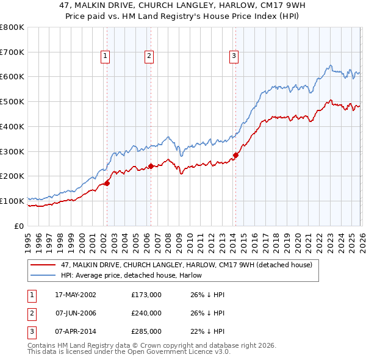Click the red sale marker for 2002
point(107,182)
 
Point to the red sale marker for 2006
point(151,165)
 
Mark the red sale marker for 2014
point(235,154)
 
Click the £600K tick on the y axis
point(12,77)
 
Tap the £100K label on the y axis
point(12,201)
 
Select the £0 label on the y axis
point(18,226)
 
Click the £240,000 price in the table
point(146,313)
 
